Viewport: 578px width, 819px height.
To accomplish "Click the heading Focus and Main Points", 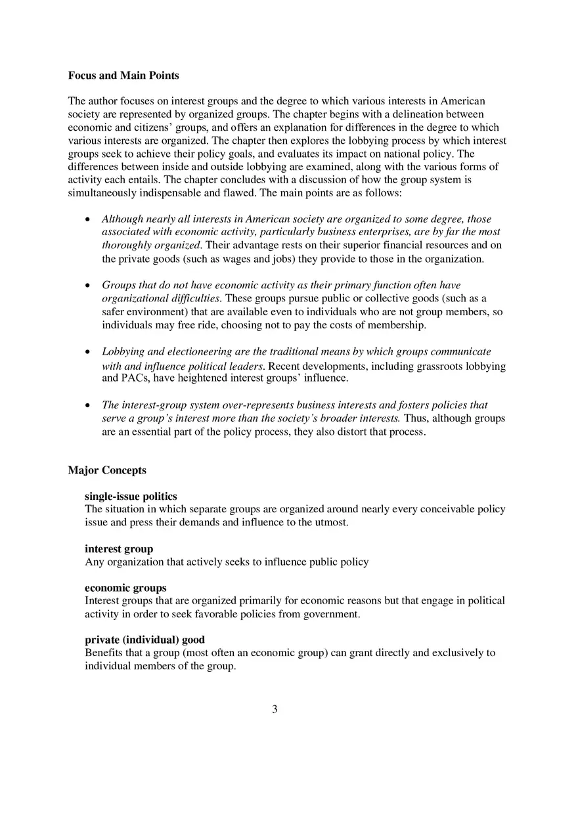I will [x=123, y=76].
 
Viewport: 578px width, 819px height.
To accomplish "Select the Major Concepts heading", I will [x=107, y=470].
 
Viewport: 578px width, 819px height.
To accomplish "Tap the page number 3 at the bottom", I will [x=275, y=709].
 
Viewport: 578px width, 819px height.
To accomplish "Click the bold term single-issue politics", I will [x=131, y=497].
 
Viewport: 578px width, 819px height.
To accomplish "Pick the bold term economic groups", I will [x=125, y=588].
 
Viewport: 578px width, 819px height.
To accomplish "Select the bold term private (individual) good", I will [x=144, y=640].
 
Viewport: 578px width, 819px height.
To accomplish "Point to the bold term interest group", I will [x=119, y=549].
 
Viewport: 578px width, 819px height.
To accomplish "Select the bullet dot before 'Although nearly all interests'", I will [x=88, y=219].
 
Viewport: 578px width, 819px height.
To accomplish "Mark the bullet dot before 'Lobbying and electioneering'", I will [x=88, y=352].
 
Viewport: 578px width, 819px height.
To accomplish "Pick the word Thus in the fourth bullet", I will [x=416, y=418].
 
